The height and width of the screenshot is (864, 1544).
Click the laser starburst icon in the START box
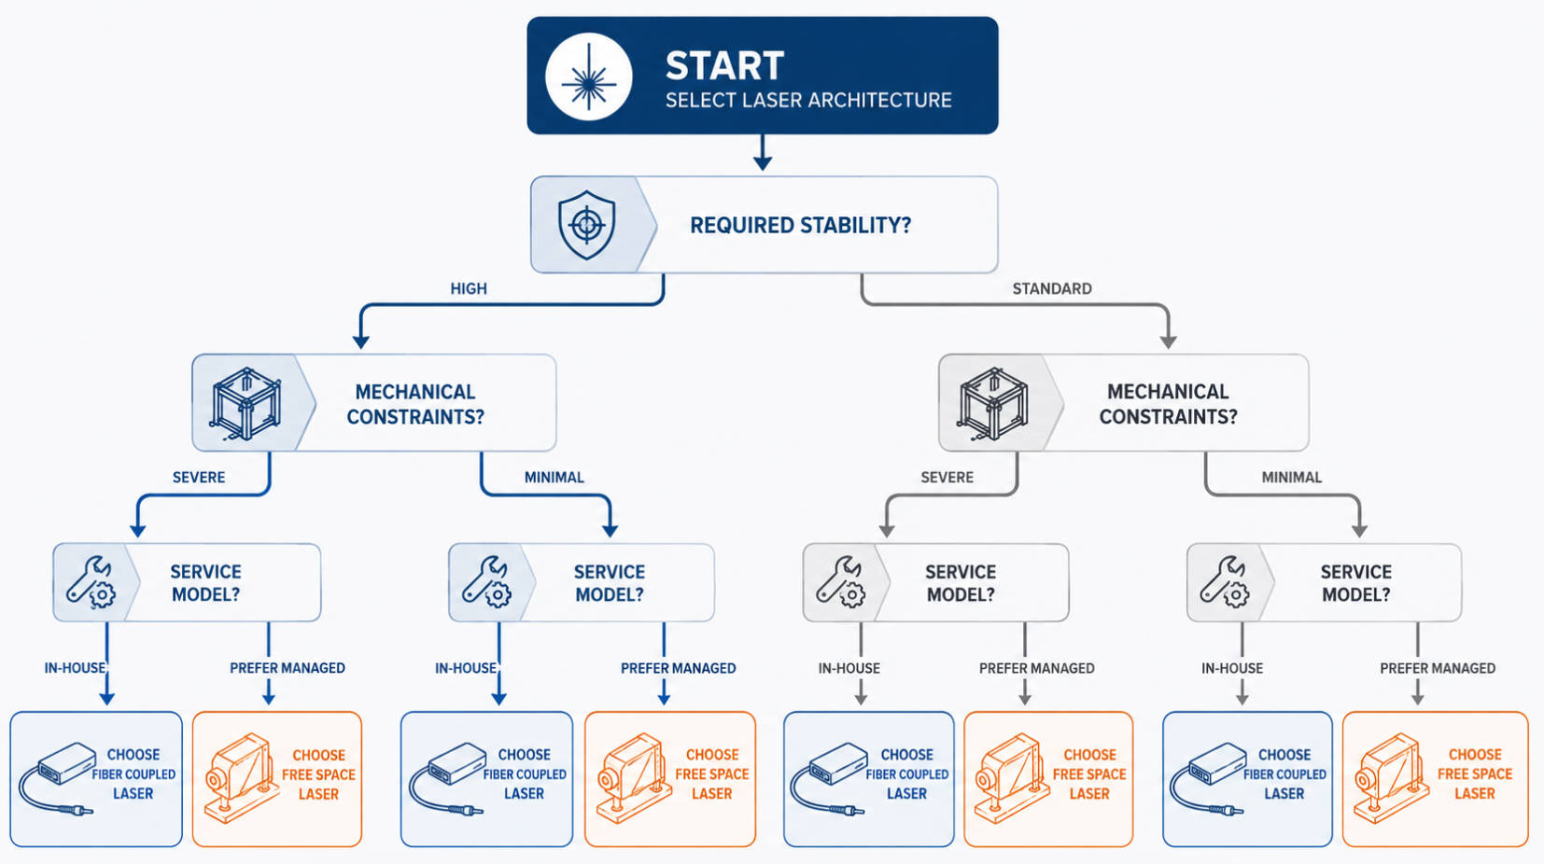point(589,77)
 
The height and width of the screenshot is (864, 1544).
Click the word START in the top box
point(724,65)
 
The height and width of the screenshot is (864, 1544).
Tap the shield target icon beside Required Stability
point(586,225)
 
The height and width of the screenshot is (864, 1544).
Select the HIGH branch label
point(469,288)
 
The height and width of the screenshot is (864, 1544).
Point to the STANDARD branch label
point(1052,288)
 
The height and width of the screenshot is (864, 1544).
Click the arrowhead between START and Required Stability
point(763,162)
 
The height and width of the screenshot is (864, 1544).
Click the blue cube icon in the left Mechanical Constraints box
point(246,404)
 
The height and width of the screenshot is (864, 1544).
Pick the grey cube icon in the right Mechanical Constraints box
point(992,404)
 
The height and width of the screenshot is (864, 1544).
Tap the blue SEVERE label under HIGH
point(199,478)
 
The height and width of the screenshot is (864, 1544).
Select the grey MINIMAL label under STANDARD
point(1292,478)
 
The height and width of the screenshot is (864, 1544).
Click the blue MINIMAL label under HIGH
point(554,478)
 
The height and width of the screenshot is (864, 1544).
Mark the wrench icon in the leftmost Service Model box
point(91,582)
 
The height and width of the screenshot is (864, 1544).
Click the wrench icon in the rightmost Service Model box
point(1224,582)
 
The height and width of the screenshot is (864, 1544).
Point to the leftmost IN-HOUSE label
point(75,668)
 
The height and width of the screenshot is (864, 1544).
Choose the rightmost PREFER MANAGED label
point(1438,668)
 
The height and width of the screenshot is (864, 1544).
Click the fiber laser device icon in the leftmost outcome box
point(57,778)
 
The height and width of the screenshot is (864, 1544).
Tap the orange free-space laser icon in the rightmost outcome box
point(1390,778)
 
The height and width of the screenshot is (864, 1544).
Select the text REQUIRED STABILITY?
point(800,225)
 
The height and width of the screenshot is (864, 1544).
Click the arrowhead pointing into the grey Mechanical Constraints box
point(1168,341)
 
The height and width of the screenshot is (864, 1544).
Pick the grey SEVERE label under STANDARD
point(947,478)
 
